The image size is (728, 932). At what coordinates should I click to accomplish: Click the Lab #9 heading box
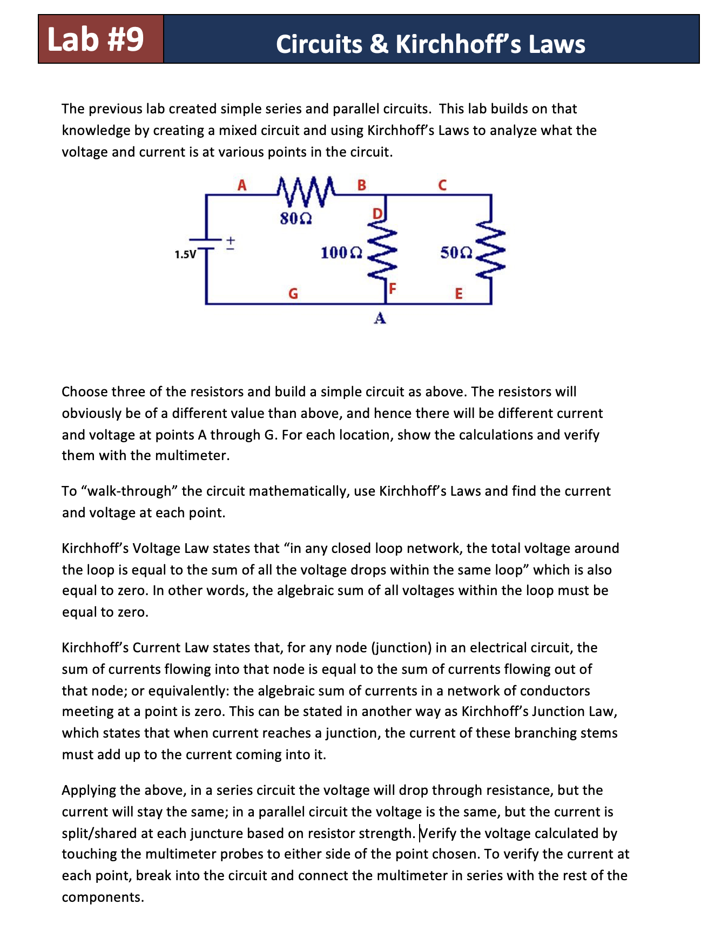100,39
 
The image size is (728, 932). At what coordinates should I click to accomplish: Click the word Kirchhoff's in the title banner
458,44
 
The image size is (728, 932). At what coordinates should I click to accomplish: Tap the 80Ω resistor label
295,219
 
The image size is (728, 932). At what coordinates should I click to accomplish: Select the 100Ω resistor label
341,252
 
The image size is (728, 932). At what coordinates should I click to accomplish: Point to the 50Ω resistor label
456,252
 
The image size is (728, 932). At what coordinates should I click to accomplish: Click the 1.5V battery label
185,254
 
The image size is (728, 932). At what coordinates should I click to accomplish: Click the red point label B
362,185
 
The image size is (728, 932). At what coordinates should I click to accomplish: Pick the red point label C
442,185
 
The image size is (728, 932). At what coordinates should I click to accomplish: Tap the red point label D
378,213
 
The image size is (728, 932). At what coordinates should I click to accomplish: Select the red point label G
293,294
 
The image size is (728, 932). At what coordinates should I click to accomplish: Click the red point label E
459,294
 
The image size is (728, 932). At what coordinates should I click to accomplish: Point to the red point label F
393,288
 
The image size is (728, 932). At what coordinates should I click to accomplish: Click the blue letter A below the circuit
380,319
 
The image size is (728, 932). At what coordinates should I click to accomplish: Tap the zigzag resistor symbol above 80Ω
306,193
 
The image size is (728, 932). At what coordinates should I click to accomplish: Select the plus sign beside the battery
230,239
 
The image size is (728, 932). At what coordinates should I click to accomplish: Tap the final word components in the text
103,897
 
